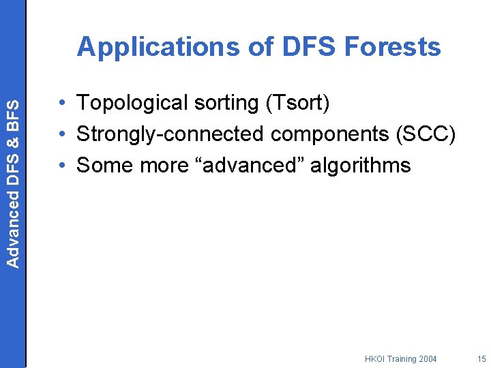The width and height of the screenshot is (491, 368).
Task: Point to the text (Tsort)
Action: [x=298, y=103]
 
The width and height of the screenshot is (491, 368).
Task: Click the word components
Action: [x=330, y=134]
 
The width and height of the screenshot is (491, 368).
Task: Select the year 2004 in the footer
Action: [x=427, y=358]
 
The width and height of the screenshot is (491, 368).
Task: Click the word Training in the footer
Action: [x=402, y=358]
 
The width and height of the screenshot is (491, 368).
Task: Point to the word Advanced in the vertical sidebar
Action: [x=13, y=230]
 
